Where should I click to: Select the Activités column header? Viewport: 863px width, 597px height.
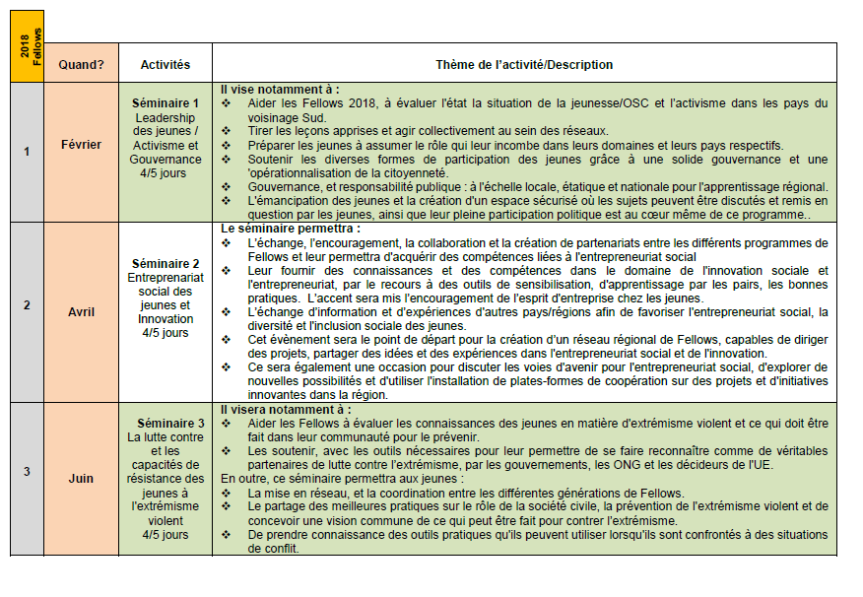click(x=166, y=65)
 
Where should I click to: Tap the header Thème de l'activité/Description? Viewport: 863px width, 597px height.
click(x=523, y=65)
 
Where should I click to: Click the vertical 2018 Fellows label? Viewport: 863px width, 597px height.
click(x=27, y=46)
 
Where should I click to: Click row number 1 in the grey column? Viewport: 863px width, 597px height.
click(x=27, y=151)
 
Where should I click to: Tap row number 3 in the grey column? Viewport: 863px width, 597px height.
click(x=27, y=472)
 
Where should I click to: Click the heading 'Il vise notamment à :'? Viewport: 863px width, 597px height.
click(x=279, y=89)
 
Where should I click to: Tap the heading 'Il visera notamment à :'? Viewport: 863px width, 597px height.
click(x=285, y=409)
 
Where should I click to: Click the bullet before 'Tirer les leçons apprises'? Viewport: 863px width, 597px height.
click(x=227, y=131)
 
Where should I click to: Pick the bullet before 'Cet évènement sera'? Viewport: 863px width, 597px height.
click(x=227, y=340)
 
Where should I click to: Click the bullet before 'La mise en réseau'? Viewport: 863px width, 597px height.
click(x=227, y=493)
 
